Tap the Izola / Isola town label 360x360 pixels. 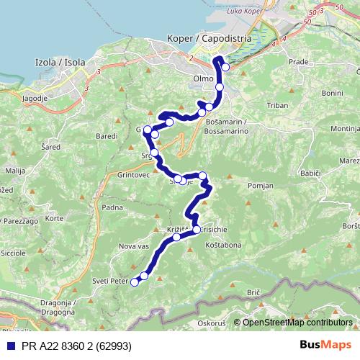coord(60,63)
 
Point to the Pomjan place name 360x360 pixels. coord(258,185)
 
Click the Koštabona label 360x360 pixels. coord(224,246)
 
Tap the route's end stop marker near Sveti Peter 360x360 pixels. coord(134,282)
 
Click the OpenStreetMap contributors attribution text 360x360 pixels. coord(297,323)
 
